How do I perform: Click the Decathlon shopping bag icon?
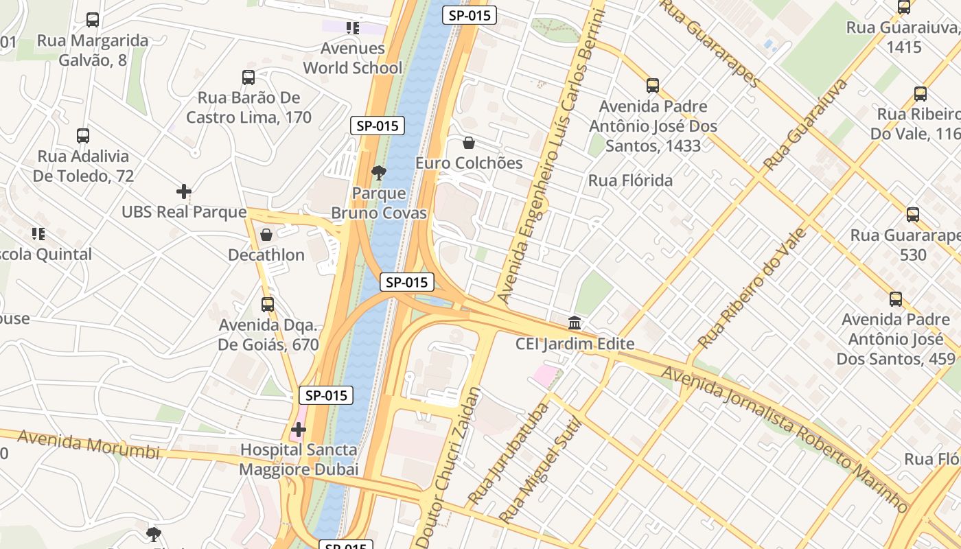click(x=266, y=235)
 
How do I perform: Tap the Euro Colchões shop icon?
click(x=469, y=143)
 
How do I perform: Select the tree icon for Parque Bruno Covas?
click(x=378, y=172)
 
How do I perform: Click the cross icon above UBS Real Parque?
click(x=183, y=191)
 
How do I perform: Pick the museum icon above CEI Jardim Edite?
click(x=575, y=323)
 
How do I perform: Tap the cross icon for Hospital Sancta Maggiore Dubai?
click(x=299, y=430)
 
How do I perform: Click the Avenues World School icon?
click(x=353, y=28)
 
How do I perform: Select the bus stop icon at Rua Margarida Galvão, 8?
click(x=93, y=20)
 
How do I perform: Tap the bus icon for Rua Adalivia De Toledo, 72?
click(x=83, y=136)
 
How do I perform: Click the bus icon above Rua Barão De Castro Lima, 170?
click(x=248, y=78)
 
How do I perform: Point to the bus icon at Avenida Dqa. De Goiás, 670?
click(x=268, y=304)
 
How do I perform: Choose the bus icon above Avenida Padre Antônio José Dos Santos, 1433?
click(x=653, y=86)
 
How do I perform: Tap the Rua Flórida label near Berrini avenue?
click(x=630, y=180)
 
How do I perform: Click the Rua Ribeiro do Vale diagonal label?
click(x=752, y=288)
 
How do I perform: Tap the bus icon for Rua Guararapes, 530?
click(x=913, y=215)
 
